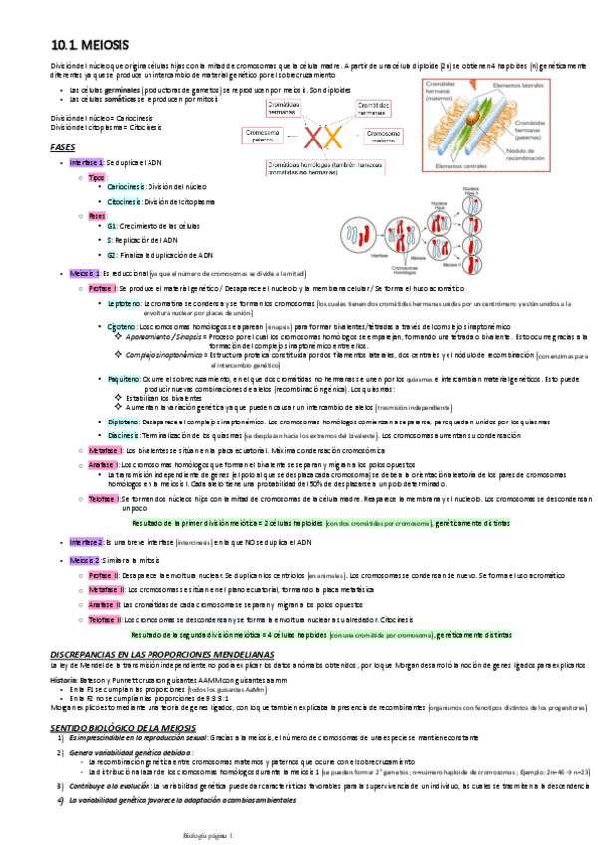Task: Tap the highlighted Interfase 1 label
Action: click(x=86, y=161)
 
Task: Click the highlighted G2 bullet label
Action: click(x=112, y=254)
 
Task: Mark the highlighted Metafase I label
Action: click(x=101, y=451)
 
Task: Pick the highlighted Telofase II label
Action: click(x=103, y=620)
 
